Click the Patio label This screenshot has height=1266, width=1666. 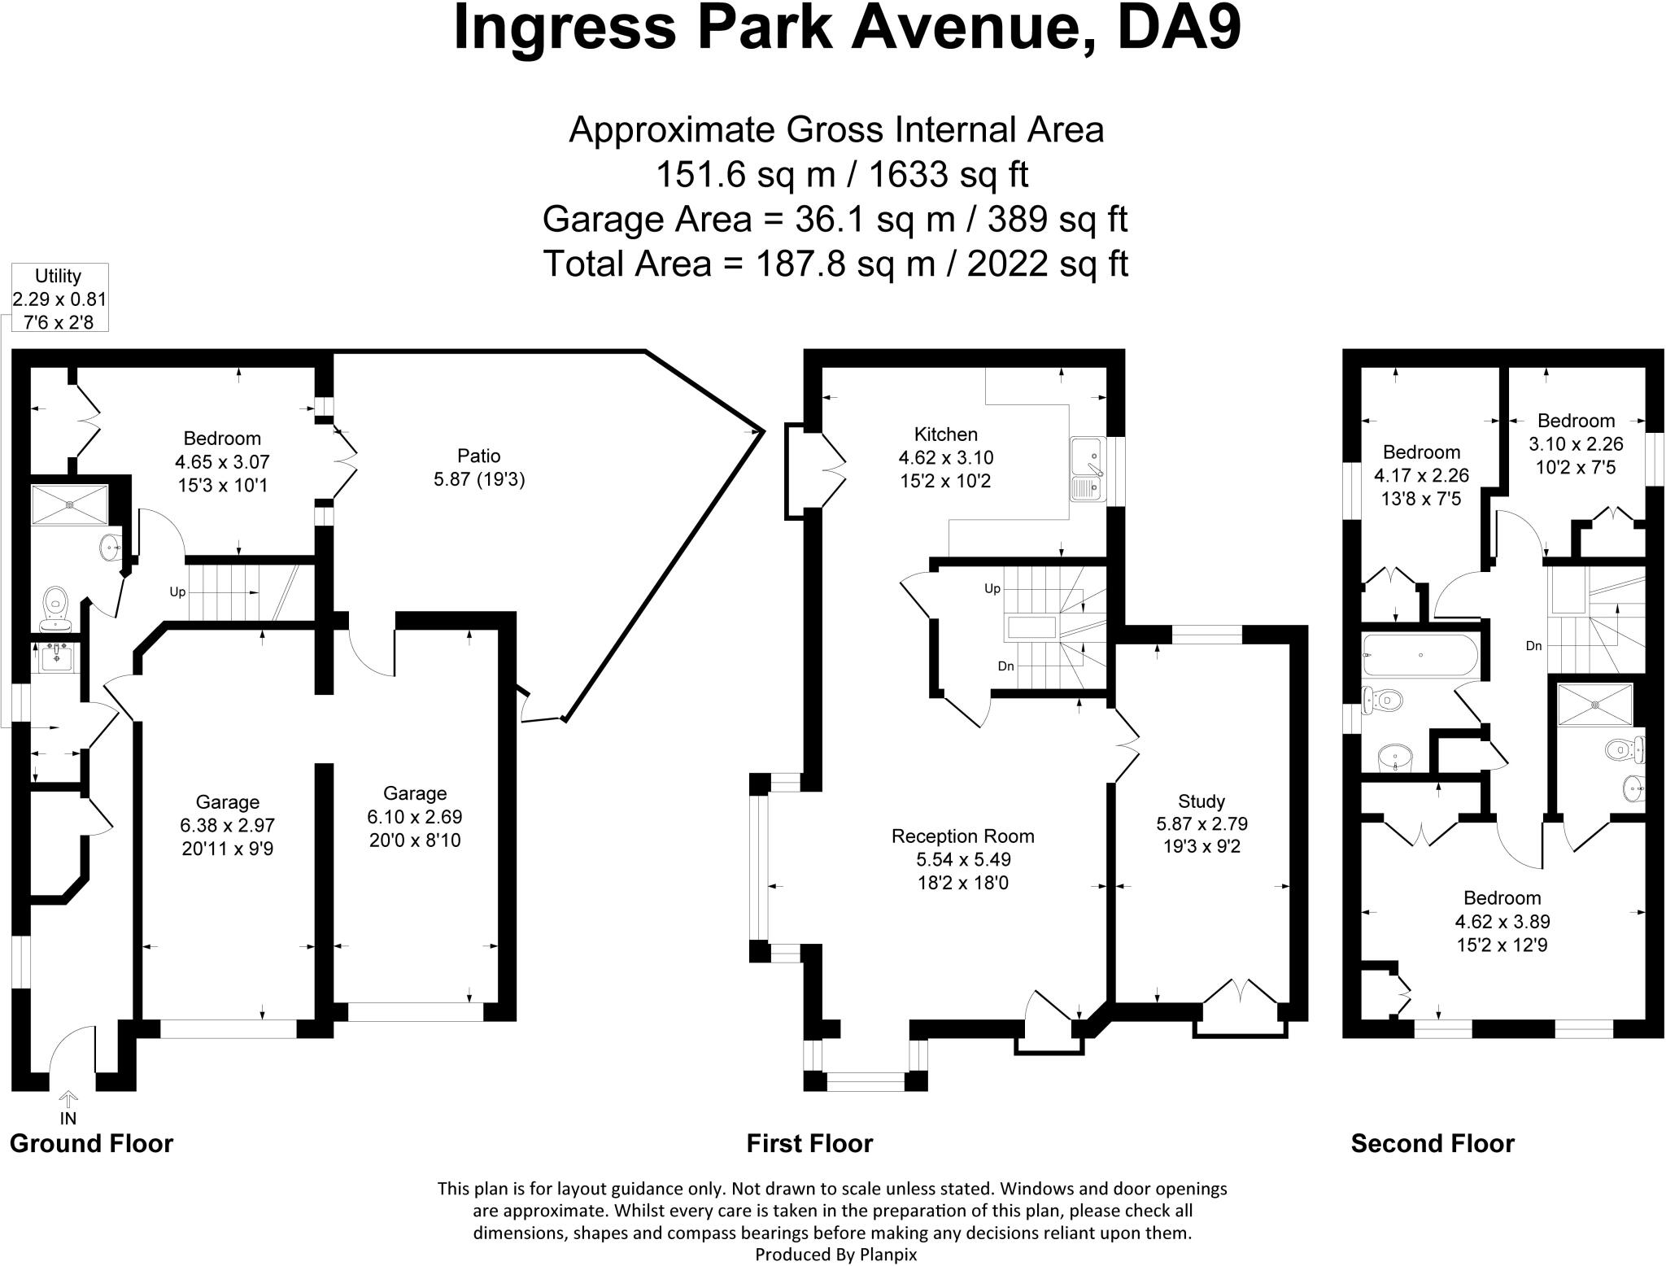tap(479, 456)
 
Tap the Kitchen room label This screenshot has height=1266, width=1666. tap(945, 434)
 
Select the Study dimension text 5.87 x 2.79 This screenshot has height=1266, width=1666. tap(1202, 823)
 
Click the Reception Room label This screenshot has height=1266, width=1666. tap(962, 836)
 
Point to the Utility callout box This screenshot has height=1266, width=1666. tap(59, 299)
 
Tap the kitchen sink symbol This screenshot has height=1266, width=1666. tap(1086, 470)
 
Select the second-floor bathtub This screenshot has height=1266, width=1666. tap(1420, 656)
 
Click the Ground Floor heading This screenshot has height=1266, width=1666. tap(91, 1143)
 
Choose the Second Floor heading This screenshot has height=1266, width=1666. tap(1433, 1143)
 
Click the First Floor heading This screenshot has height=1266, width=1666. tap(809, 1143)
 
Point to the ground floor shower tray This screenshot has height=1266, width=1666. tap(70, 504)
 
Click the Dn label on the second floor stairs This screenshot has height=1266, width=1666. tap(1533, 646)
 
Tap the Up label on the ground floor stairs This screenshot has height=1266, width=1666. tap(177, 592)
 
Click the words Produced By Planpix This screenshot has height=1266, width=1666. tap(835, 1255)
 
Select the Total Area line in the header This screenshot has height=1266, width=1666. tap(835, 264)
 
